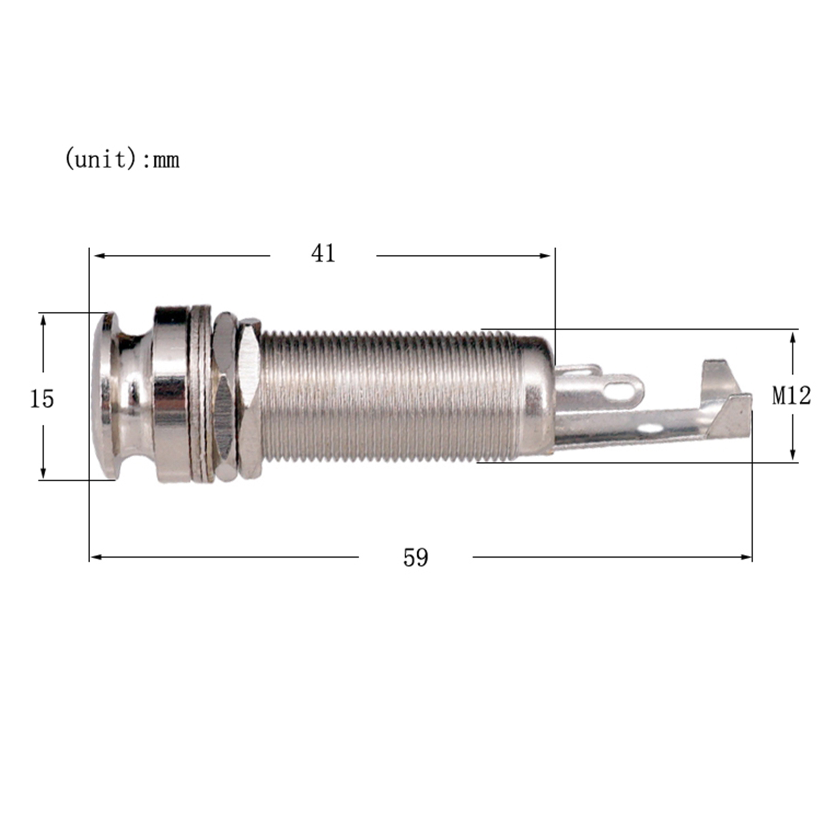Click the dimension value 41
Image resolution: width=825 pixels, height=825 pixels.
323,254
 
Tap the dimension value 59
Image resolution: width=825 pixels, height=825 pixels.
416,557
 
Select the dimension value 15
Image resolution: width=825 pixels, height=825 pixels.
42,399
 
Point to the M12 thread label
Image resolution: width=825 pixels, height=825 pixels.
791,396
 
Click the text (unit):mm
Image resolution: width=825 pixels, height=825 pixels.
122,159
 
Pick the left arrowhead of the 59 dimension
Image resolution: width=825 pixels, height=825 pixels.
96,557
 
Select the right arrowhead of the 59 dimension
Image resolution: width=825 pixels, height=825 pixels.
746,557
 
